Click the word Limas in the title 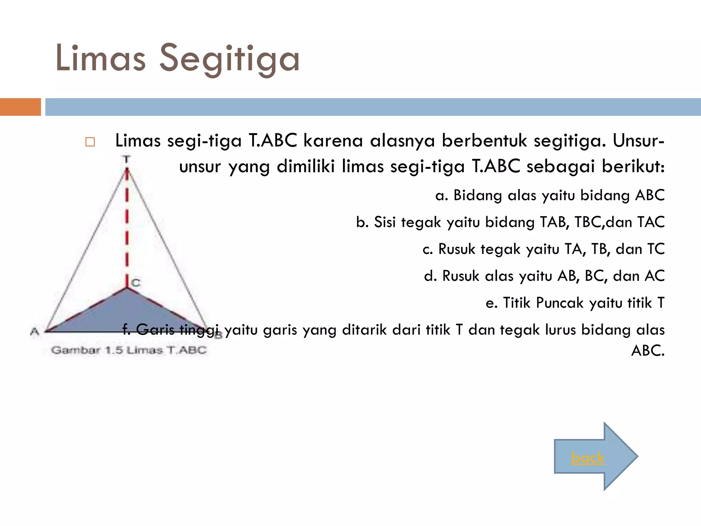click(x=101, y=58)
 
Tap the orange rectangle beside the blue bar click(x=20, y=107)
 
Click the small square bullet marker click(x=90, y=142)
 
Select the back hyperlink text click(x=588, y=458)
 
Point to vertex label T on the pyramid click(x=127, y=159)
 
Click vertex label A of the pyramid click(x=35, y=331)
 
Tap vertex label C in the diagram click(x=136, y=283)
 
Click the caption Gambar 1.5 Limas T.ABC click(x=129, y=350)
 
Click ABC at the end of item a click(x=650, y=195)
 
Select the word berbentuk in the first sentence click(x=484, y=140)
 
